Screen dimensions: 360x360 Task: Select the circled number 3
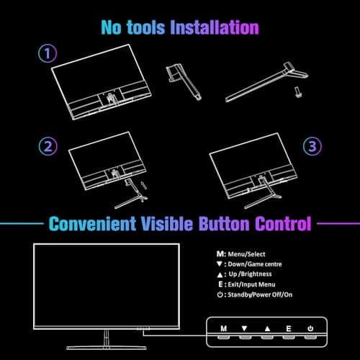coord(312,147)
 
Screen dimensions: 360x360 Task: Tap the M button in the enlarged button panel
coord(223,328)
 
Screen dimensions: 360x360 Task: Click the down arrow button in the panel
coord(245,328)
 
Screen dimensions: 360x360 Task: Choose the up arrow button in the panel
coord(267,328)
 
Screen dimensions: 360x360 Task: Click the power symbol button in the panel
coord(310,328)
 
